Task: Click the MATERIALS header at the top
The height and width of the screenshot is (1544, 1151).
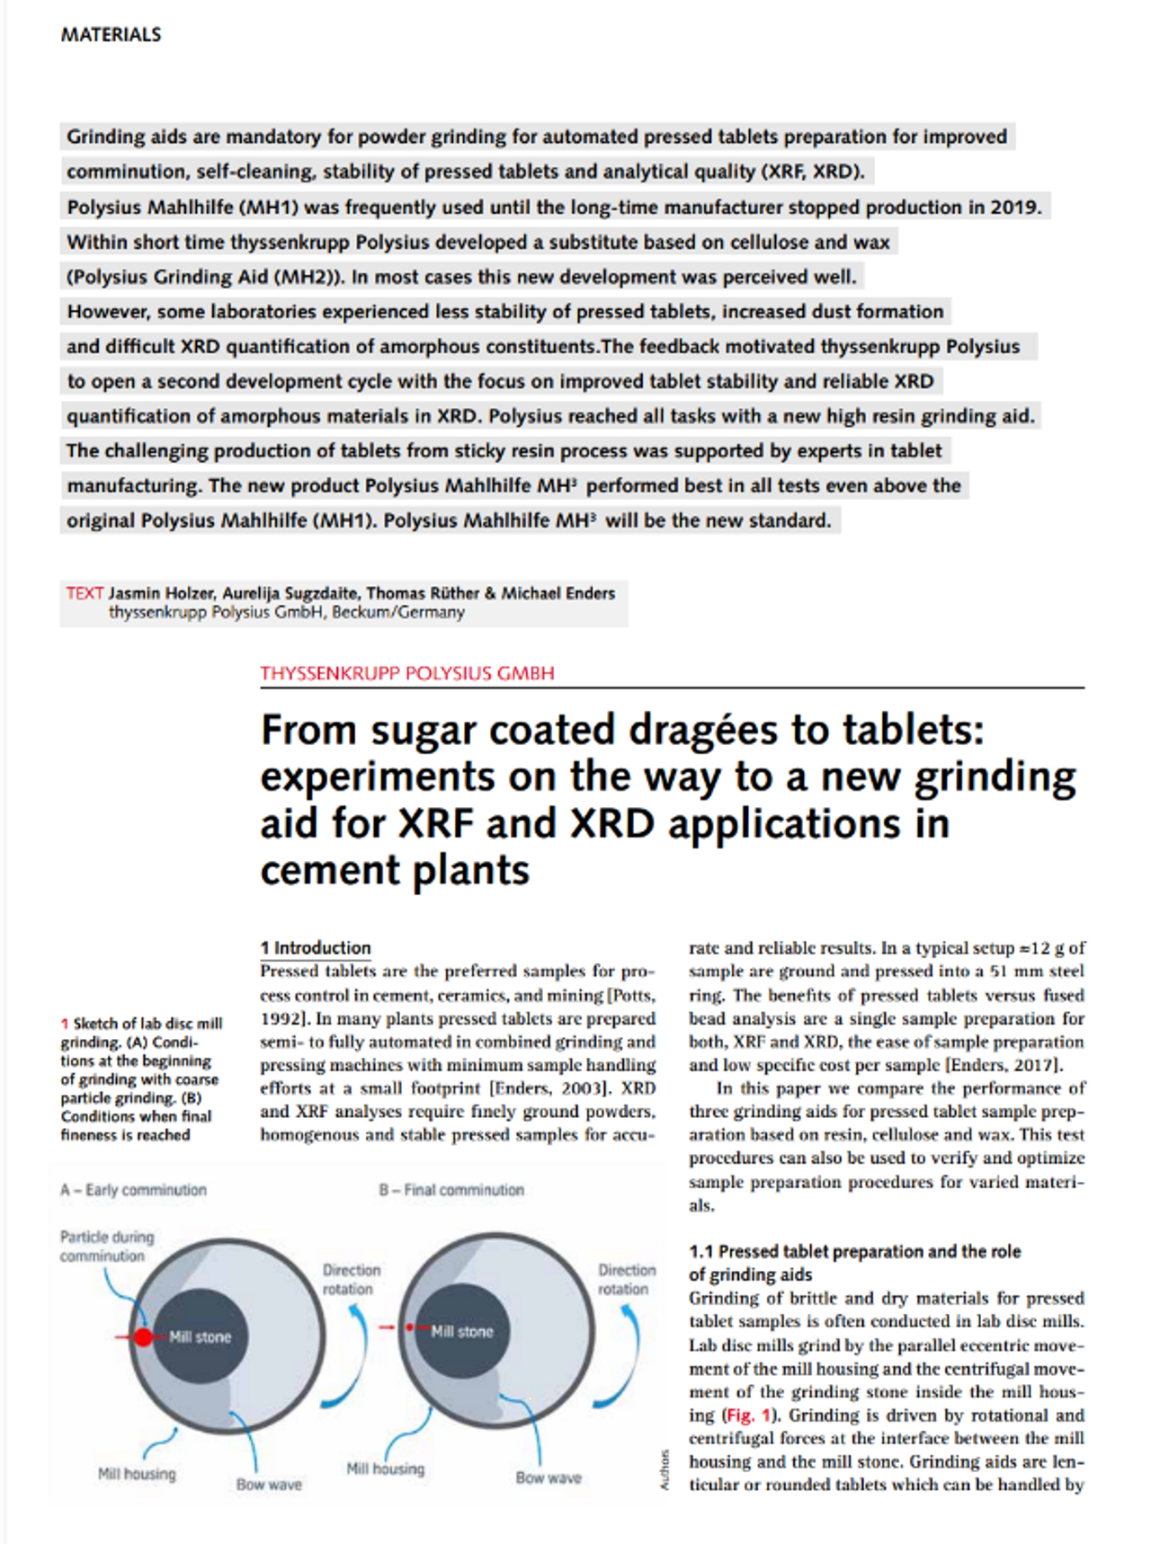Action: [x=111, y=35]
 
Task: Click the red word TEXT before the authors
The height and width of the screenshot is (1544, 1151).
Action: [x=84, y=593]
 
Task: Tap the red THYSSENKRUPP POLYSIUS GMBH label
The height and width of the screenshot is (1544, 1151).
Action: [x=406, y=673]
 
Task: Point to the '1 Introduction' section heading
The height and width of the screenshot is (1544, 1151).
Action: [x=316, y=948]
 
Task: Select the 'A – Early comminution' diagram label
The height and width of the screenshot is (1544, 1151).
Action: [x=133, y=1190]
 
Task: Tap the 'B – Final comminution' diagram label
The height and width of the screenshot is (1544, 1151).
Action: [x=451, y=1190]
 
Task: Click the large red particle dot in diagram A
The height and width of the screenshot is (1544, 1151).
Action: [x=143, y=1337]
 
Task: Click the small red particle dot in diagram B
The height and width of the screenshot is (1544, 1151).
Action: [x=410, y=1327]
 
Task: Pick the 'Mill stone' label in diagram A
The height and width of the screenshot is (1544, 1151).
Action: [x=201, y=1337]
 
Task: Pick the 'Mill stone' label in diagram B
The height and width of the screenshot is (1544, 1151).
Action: [x=462, y=1332]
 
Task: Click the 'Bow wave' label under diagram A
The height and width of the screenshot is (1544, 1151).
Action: [x=269, y=1485]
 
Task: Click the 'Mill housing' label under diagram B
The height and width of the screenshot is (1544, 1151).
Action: [x=385, y=1469]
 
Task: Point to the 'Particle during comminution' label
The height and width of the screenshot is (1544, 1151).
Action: [x=106, y=1247]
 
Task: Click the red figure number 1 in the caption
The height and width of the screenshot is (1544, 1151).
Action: [x=65, y=1024]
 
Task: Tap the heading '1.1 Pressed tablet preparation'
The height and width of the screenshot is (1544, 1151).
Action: [x=854, y=1252]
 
